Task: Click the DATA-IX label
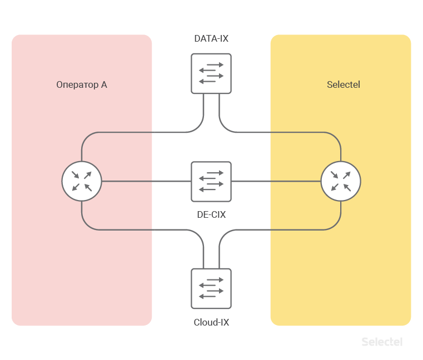pos(211,39)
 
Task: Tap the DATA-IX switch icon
pos(211,73)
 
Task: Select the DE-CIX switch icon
pos(211,181)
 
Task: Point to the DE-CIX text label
pos(211,214)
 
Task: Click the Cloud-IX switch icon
pos(211,288)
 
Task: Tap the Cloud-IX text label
pos(211,322)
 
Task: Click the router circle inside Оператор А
pos(82,181)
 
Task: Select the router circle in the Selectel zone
pos(341,181)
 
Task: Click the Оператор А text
pos(82,85)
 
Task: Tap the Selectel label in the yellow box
pos(344,85)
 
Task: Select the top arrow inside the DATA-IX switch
pos(211,65)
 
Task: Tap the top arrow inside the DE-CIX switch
pos(211,173)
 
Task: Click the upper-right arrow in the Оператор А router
pos(88,175)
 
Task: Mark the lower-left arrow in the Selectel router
pos(335,187)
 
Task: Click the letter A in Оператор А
pos(104,85)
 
